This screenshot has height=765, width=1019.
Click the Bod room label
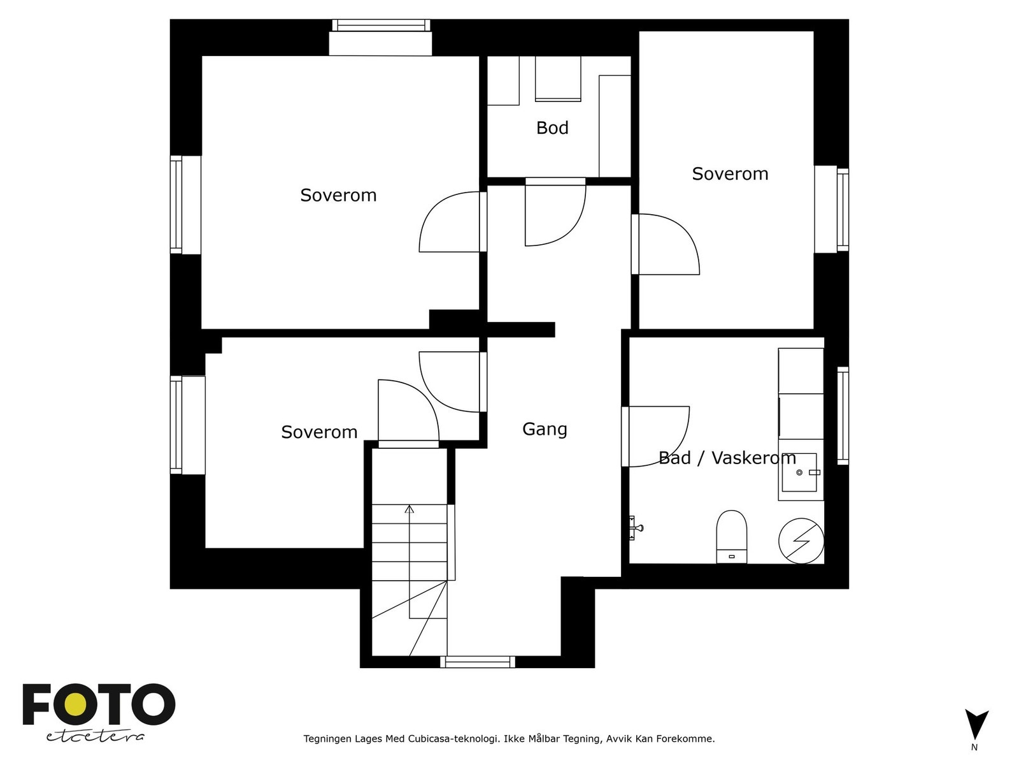(x=552, y=127)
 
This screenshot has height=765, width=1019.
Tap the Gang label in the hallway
(x=545, y=428)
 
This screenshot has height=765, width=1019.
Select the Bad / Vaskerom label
(x=727, y=458)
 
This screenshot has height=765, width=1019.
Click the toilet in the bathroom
(x=732, y=537)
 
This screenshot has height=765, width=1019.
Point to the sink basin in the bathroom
(x=799, y=472)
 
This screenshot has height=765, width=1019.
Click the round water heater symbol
(x=801, y=541)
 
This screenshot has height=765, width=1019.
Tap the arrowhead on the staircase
(x=409, y=509)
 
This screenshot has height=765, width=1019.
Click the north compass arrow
(x=977, y=724)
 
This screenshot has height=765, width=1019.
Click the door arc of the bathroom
(x=659, y=437)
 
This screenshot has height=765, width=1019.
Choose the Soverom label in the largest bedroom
(x=338, y=195)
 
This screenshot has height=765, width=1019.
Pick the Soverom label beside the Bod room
(x=730, y=173)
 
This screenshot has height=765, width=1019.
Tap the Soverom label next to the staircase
(x=319, y=432)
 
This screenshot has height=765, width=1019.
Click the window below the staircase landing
(x=478, y=662)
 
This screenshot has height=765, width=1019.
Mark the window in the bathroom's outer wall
(x=843, y=416)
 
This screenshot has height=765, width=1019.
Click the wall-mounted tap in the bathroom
(x=635, y=528)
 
